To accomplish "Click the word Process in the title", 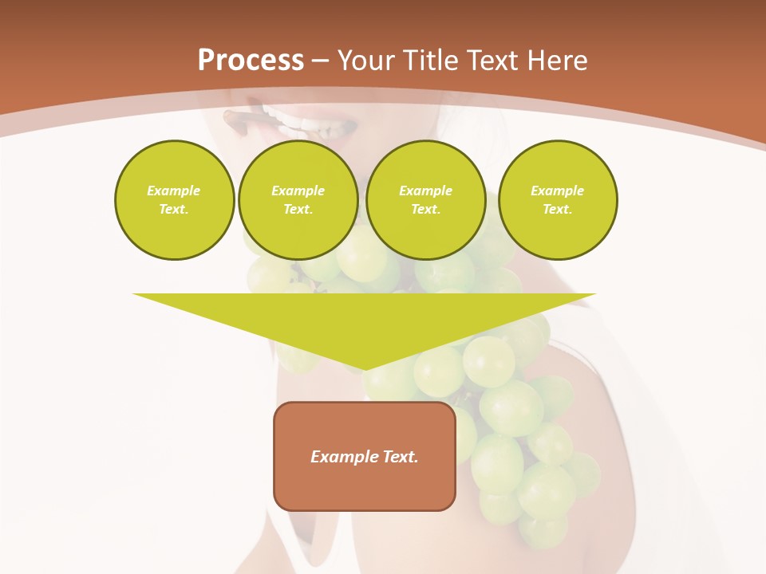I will click(x=251, y=61).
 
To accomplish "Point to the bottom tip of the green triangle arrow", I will click(x=365, y=368).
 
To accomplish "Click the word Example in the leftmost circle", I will click(x=174, y=191).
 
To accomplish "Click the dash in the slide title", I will click(x=320, y=61).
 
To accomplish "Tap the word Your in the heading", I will click(x=366, y=61).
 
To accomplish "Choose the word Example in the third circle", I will click(x=425, y=191).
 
